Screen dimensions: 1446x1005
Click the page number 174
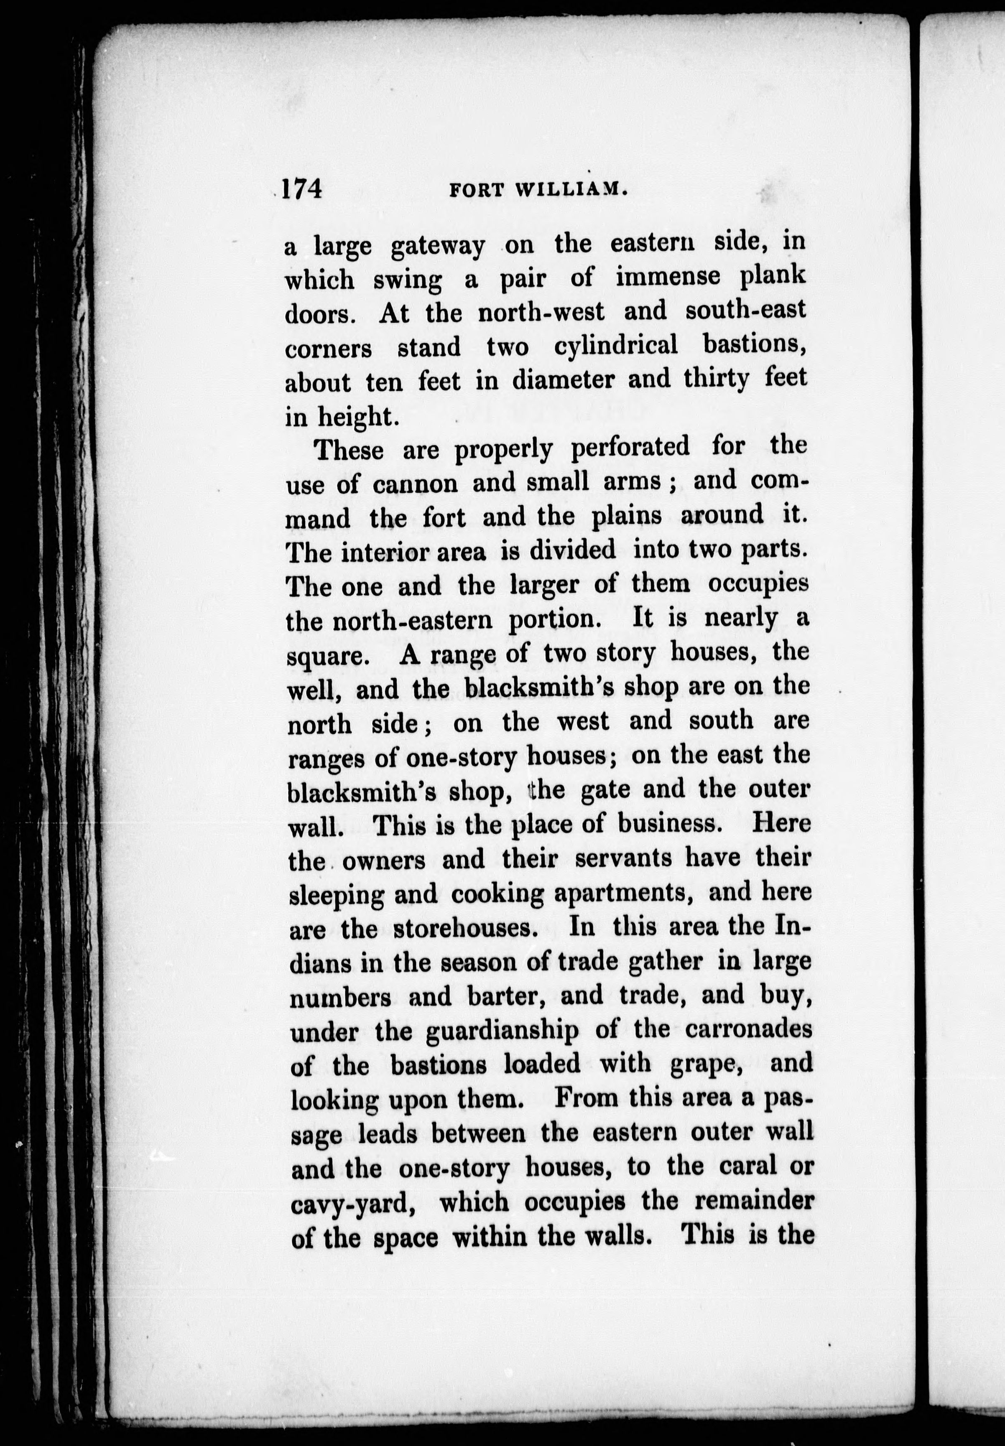click(x=302, y=188)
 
